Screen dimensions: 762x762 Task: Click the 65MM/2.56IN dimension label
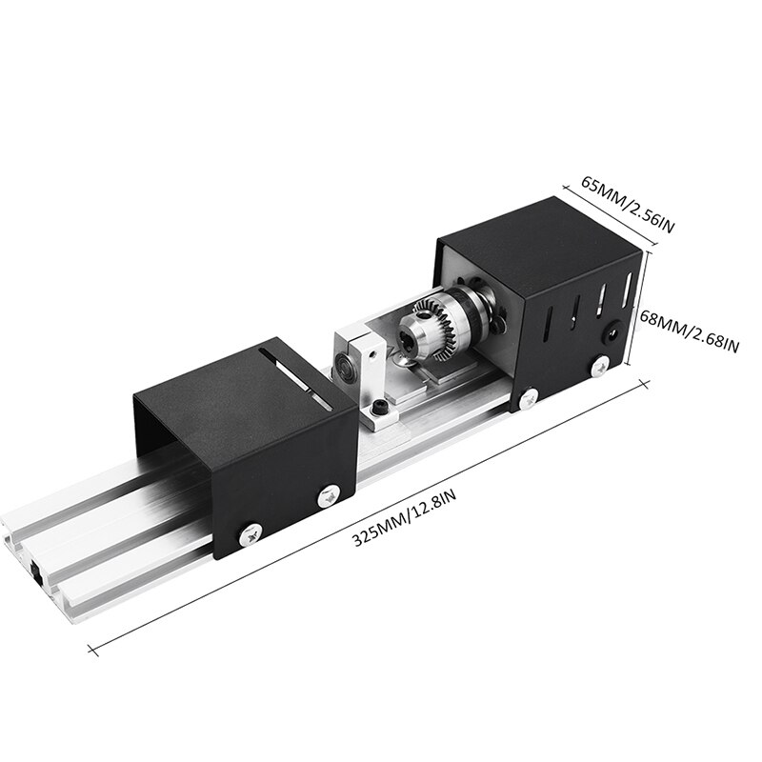pos(628,204)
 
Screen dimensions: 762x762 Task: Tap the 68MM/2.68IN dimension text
pos(689,331)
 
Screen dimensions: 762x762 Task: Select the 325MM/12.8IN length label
pos(403,518)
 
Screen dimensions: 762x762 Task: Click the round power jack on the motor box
pos(612,333)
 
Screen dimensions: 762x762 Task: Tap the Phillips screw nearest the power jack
pos(600,366)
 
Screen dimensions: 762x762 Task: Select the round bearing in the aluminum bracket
pos(344,365)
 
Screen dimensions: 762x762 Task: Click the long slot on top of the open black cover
pos(295,377)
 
